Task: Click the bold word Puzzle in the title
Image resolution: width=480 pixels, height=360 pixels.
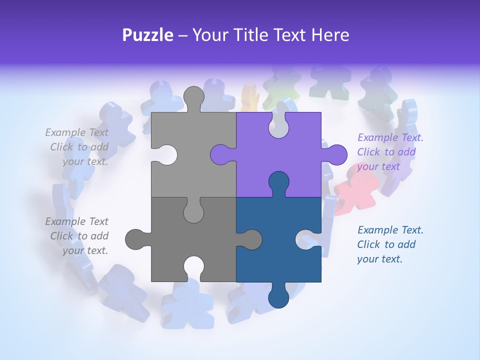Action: pos(148,35)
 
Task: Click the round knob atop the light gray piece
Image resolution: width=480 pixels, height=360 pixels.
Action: pos(194,96)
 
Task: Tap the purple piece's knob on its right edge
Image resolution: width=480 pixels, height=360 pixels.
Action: pos(335,154)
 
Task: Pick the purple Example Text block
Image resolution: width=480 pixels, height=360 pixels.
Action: pos(389,152)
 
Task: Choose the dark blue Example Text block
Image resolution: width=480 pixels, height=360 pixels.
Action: pos(389,244)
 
